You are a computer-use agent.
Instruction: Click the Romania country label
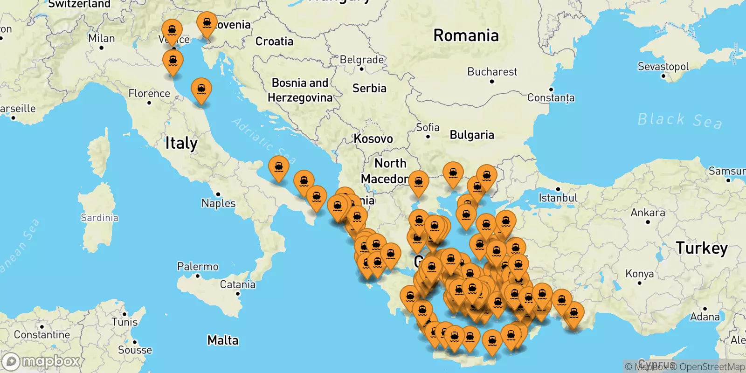[466, 35]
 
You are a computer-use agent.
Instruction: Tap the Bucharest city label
[492, 72]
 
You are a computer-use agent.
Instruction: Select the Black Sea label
[679, 120]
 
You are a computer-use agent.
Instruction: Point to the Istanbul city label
[558, 198]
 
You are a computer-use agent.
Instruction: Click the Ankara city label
[648, 213]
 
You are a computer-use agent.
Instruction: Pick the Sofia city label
[428, 127]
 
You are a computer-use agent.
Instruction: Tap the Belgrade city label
[362, 60]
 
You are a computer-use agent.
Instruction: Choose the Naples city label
[218, 203]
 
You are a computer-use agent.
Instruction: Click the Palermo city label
[198, 267]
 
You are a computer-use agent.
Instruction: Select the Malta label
[223, 340]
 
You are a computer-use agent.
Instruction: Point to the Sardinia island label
[99, 218]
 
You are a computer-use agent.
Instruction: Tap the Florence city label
[149, 94]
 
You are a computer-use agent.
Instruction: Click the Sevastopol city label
[663, 67]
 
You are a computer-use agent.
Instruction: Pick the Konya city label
[639, 274]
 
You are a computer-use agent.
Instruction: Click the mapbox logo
[41, 361]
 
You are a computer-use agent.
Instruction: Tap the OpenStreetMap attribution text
[712, 367]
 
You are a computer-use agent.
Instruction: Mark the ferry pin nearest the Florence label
[201, 89]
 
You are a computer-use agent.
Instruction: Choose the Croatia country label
[274, 41]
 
